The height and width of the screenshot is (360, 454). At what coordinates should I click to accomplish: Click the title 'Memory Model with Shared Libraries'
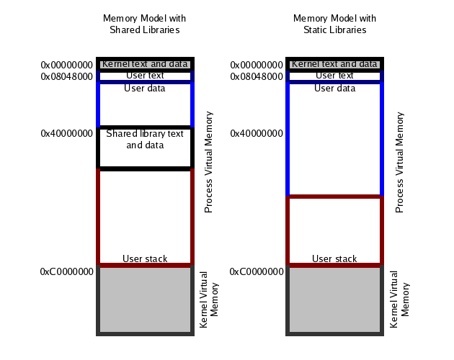(144, 24)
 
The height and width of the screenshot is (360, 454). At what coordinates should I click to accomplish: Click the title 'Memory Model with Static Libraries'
(334, 24)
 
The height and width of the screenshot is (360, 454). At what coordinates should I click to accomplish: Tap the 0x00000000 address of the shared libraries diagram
(66, 65)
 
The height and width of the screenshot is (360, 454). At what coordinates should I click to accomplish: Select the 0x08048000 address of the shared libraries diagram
(66, 76)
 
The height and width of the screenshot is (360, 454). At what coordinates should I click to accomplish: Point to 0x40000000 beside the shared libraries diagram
(66, 133)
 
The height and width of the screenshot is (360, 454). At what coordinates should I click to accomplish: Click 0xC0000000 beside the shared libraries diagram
(66, 271)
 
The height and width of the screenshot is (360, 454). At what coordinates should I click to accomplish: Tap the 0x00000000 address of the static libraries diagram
(257, 65)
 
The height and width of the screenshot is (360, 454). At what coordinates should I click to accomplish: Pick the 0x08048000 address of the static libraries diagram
(257, 76)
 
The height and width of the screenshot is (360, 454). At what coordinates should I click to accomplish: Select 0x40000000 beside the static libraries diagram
(257, 133)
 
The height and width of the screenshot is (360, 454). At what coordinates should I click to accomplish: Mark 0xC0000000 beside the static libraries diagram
(257, 271)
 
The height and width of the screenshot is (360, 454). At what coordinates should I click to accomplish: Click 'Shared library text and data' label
(145, 139)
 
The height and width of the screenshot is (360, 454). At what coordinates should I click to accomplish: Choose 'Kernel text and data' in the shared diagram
(145, 64)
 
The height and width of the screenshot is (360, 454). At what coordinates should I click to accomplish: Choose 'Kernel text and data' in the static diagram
(334, 64)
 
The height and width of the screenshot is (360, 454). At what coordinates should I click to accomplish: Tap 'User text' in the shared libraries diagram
(145, 75)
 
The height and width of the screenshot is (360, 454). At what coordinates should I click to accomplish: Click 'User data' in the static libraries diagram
(334, 89)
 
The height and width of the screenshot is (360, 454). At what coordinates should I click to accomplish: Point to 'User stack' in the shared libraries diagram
(145, 258)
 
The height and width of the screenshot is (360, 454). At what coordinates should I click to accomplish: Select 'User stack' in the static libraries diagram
(334, 258)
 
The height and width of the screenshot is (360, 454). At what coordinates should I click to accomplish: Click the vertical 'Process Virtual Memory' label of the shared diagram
(209, 161)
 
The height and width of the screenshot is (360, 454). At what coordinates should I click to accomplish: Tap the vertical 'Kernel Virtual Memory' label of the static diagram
(399, 300)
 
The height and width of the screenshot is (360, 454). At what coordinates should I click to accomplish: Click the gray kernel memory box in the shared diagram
(145, 300)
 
